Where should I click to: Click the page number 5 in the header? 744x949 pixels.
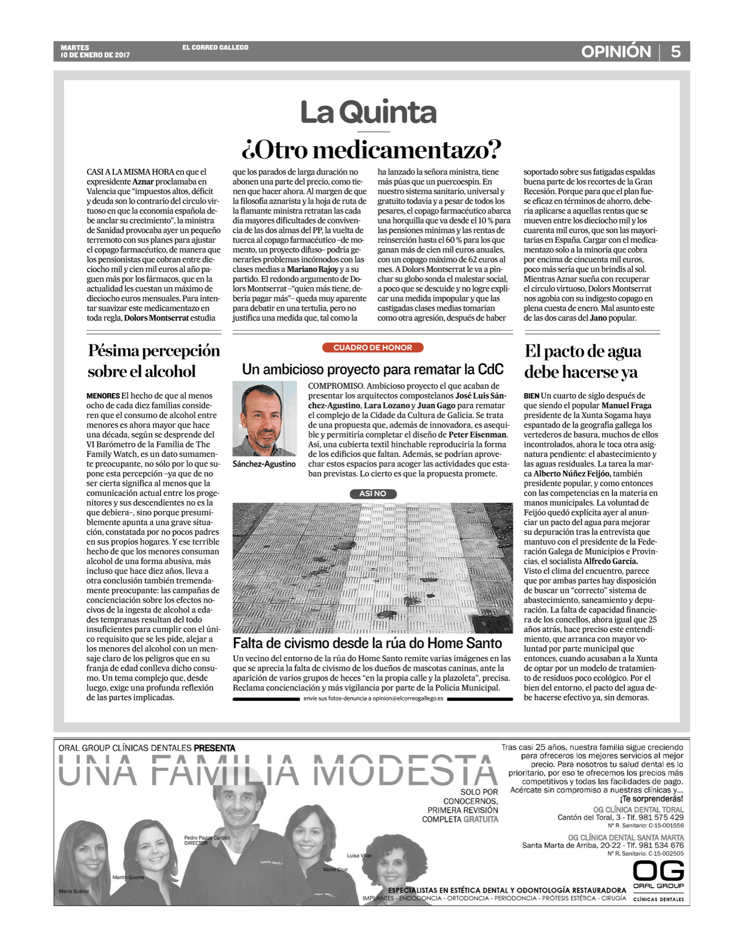[675, 52]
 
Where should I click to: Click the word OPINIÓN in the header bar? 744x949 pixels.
[616, 52]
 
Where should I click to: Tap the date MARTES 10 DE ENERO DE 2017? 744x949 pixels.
[95, 51]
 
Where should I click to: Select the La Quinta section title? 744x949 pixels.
[369, 113]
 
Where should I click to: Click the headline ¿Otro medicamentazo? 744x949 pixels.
[371, 150]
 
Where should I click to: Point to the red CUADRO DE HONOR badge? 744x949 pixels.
[372, 347]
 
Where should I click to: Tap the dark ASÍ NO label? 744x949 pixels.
[373, 494]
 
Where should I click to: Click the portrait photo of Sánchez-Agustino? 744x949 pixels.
[264, 419]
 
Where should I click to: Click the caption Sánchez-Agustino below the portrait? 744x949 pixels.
[264, 464]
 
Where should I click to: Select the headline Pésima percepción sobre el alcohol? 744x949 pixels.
[153, 361]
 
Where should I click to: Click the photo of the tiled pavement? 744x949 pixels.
[372, 567]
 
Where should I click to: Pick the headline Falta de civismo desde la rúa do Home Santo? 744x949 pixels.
[367, 643]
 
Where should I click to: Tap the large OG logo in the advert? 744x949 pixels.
[658, 871]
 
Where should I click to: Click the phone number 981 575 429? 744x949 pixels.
[661, 817]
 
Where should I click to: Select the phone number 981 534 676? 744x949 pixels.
[661, 845]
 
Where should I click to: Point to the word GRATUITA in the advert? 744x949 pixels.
[481, 819]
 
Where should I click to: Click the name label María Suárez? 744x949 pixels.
[74, 891]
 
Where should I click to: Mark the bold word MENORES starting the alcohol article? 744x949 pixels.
[103, 396]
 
